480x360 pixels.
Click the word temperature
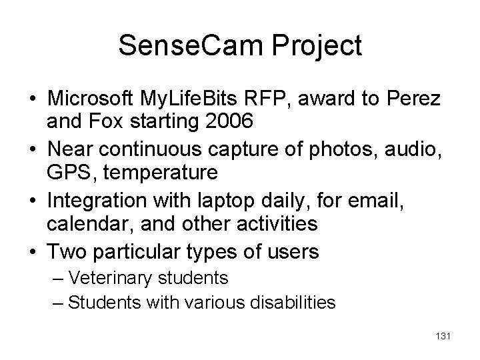(155, 173)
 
